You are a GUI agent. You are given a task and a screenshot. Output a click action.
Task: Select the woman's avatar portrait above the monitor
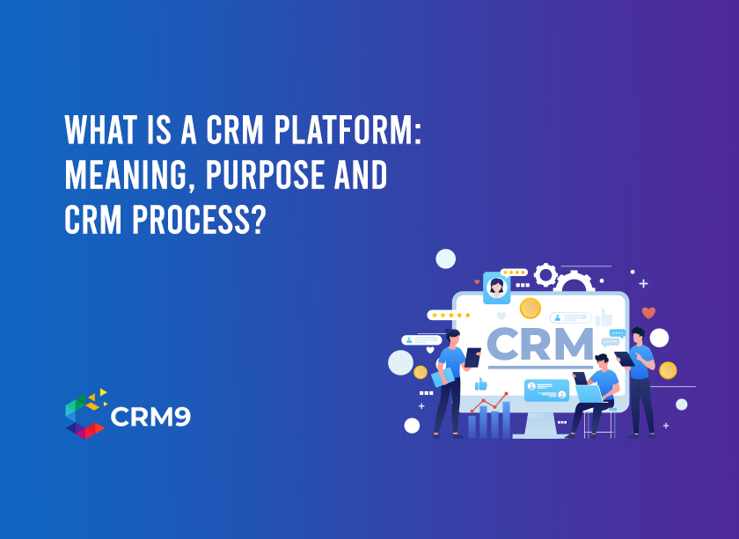coord(496,288)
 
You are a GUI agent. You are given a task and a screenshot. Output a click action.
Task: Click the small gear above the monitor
coord(545,275)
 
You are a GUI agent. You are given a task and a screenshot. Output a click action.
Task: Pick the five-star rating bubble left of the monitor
coord(450,315)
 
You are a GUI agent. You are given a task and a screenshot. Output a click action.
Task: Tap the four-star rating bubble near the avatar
coord(513,273)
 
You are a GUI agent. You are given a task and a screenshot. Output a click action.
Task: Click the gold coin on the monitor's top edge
coord(530,308)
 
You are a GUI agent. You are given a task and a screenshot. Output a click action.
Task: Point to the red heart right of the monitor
coord(648,312)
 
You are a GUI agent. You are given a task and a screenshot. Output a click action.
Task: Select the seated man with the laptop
coord(598,391)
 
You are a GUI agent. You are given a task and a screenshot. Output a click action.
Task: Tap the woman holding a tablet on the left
coord(450,378)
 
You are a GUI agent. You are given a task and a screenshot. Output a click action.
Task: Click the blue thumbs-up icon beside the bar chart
coord(481,384)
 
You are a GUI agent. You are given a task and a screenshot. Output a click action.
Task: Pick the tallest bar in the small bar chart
coord(506,419)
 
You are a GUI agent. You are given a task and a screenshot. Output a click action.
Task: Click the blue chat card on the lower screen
coord(546,390)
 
